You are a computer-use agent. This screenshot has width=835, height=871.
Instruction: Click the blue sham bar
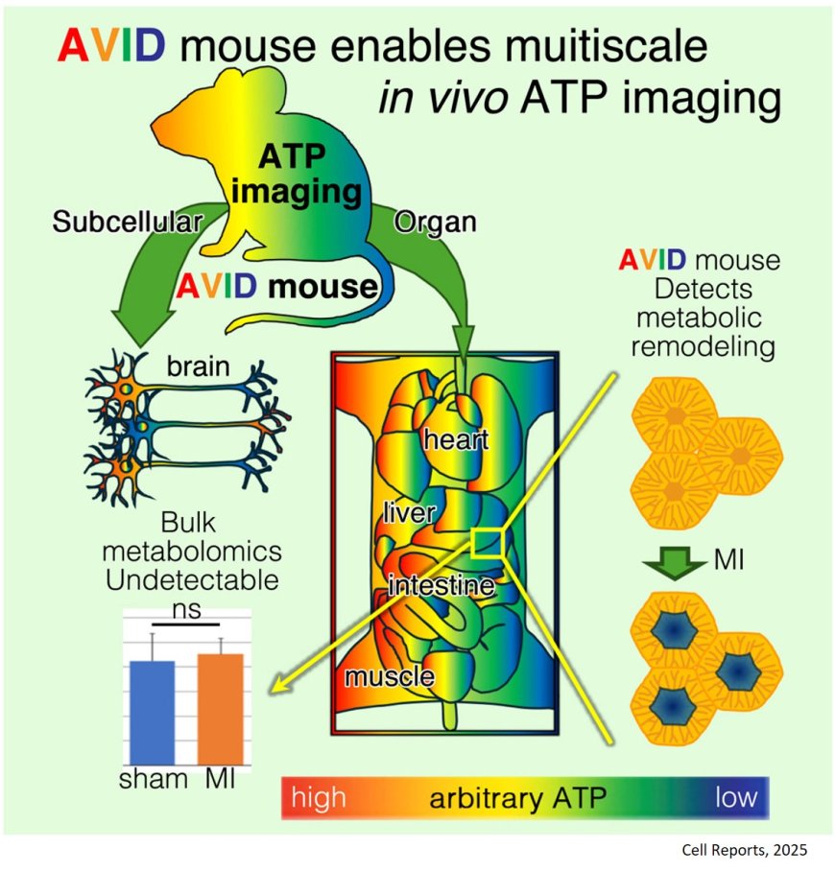tap(152, 710)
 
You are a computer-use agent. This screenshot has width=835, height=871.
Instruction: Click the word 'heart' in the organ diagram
tap(456, 441)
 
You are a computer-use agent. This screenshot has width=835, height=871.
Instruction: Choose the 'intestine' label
tap(441, 585)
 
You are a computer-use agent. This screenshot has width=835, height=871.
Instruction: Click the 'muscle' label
tap(389, 676)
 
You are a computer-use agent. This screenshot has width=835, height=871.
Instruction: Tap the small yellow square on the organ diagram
tap(487, 542)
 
